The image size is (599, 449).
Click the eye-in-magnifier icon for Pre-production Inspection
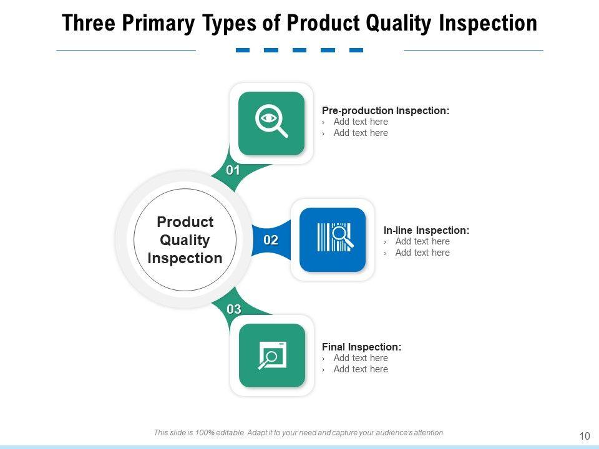click(271, 120)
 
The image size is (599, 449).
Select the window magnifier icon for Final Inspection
click(272, 355)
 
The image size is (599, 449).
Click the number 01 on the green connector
click(233, 170)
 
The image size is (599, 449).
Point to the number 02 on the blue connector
click(270, 240)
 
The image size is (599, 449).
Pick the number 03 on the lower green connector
click(234, 309)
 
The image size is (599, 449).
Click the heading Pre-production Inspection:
click(386, 111)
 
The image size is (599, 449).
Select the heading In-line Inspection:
click(426, 231)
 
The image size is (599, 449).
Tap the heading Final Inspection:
click(361, 347)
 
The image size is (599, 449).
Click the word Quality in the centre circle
click(185, 241)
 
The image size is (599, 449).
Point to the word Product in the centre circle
click(185, 222)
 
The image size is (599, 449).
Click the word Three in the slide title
click(89, 23)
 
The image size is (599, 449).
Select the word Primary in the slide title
click(158, 24)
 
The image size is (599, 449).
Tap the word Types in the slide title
click(229, 24)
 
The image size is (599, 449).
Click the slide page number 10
click(585, 437)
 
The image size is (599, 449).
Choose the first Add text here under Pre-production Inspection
click(361, 122)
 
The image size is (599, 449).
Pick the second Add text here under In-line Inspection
click(422, 253)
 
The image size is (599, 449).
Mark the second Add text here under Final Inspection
click(361, 369)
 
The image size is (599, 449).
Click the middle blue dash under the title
click(299, 50)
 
